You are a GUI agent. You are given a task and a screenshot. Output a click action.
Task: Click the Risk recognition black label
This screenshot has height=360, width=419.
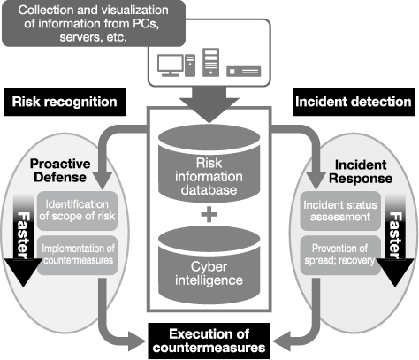click(65, 102)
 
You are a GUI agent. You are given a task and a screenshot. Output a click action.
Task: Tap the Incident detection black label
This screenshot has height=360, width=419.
click(354, 102)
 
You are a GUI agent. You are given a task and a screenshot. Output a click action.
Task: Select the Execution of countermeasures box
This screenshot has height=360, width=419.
click(209, 341)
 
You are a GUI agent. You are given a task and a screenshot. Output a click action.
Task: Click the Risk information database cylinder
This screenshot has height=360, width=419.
click(209, 164)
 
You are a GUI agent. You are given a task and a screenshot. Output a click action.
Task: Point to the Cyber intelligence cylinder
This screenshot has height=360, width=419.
click(209, 265)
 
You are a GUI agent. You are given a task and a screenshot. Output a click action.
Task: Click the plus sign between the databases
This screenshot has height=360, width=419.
click(209, 214)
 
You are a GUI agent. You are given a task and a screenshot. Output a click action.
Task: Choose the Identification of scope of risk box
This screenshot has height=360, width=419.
click(77, 211)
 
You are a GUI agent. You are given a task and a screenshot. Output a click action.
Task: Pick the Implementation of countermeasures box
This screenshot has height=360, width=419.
click(77, 256)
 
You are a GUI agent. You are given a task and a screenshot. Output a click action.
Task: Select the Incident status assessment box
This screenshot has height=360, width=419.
click(340, 211)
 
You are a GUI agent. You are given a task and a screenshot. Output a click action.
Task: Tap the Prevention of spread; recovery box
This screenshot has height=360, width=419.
click(340, 256)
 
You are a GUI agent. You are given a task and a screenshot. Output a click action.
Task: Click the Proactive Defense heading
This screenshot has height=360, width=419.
click(60, 171)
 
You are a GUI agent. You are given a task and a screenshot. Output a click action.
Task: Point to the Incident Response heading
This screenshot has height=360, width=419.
click(361, 172)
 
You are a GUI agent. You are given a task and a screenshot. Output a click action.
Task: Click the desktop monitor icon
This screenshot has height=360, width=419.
click(170, 65)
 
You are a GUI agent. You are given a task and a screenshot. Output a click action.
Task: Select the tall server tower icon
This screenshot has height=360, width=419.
click(210, 63)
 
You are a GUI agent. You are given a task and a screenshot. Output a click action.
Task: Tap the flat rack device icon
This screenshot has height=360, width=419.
click(244, 72)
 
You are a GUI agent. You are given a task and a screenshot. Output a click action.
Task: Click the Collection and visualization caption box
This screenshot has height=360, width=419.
click(94, 24)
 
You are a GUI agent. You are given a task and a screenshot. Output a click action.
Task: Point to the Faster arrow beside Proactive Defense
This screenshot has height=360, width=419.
click(23, 241)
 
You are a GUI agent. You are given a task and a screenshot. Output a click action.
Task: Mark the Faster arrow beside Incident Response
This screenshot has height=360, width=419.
click(395, 241)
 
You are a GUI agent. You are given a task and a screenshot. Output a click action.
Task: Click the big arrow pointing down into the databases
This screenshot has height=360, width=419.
click(209, 104)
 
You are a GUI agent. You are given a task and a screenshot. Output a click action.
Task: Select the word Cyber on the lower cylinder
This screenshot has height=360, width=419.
click(209, 267)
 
